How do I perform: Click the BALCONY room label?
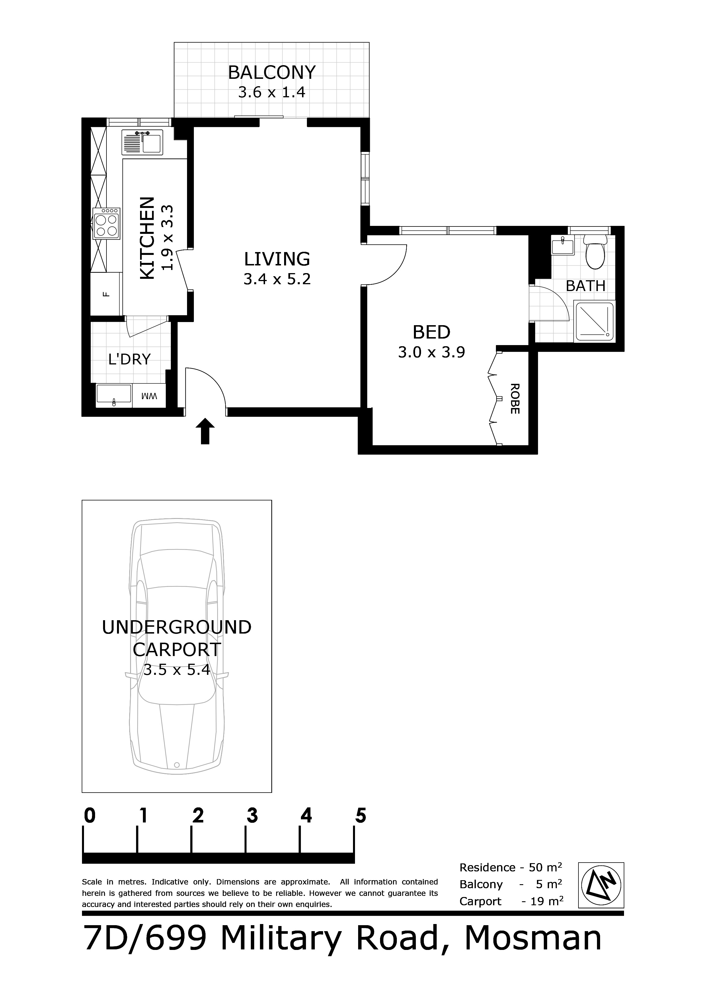(x=272, y=72)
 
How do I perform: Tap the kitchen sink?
(x=142, y=142)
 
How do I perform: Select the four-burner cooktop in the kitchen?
(x=106, y=223)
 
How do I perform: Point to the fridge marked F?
(x=106, y=294)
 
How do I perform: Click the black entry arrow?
(x=205, y=431)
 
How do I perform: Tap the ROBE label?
(x=515, y=399)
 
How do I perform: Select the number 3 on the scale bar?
(x=252, y=816)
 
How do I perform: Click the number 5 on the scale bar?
(x=361, y=816)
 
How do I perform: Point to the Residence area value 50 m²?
(x=545, y=868)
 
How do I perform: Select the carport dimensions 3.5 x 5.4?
(x=177, y=670)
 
